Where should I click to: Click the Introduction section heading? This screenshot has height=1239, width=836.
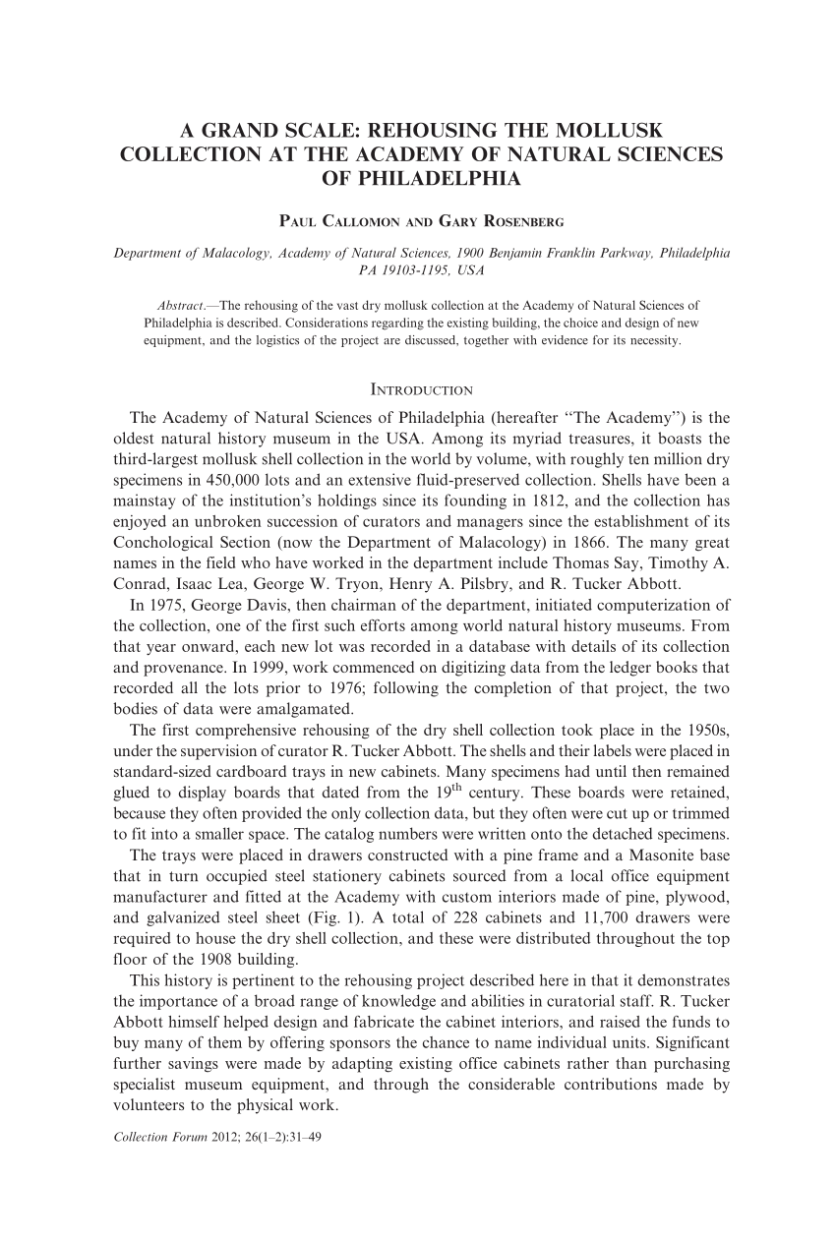tap(421, 363)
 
